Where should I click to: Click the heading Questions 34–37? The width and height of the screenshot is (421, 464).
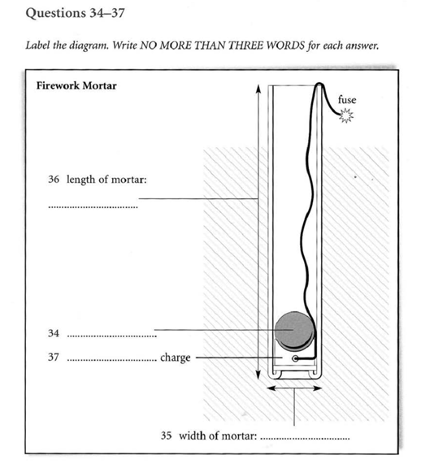coord(76,13)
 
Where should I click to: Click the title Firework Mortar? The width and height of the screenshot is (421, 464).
coord(76,86)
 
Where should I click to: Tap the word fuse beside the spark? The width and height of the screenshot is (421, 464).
coord(347,100)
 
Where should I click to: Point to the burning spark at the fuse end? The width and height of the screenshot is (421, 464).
coord(346,115)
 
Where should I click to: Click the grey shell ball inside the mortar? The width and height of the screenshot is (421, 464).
coord(294,330)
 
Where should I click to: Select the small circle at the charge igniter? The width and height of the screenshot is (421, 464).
coord(295,358)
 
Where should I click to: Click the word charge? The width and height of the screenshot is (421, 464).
coord(176,358)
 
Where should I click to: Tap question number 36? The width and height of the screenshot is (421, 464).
coord(54,179)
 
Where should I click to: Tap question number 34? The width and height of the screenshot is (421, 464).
coord(54,333)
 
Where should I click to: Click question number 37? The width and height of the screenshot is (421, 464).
coord(54,358)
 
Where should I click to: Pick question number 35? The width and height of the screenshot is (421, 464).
coord(166,436)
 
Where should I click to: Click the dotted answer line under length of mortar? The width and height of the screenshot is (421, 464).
coord(93,207)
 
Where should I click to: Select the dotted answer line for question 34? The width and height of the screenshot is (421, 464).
coord(112,336)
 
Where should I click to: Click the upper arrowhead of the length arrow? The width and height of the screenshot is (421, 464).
coord(258,89)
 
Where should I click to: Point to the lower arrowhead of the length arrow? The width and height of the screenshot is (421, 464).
coord(258,375)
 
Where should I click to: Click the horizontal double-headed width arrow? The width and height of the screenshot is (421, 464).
coord(294,388)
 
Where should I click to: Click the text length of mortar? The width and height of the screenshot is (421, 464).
coord(106,180)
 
